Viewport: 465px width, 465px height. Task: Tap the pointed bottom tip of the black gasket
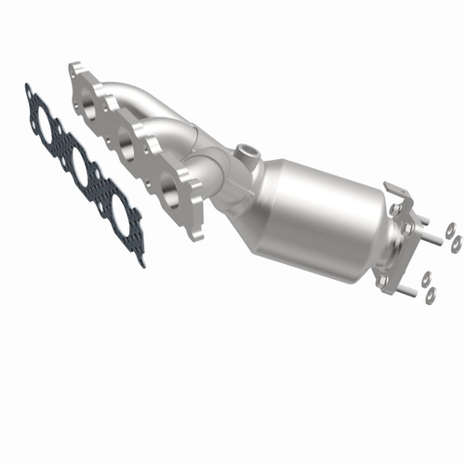(141, 262)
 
